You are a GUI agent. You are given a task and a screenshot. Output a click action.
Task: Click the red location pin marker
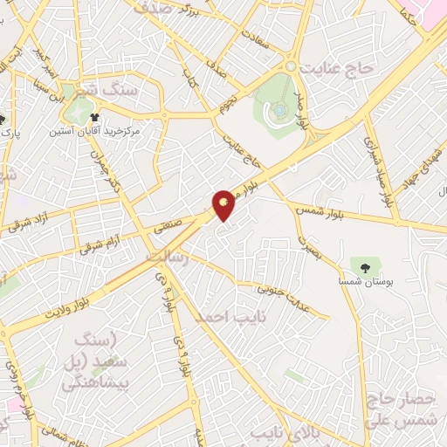225,203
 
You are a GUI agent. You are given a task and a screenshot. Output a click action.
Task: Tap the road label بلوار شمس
369,206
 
